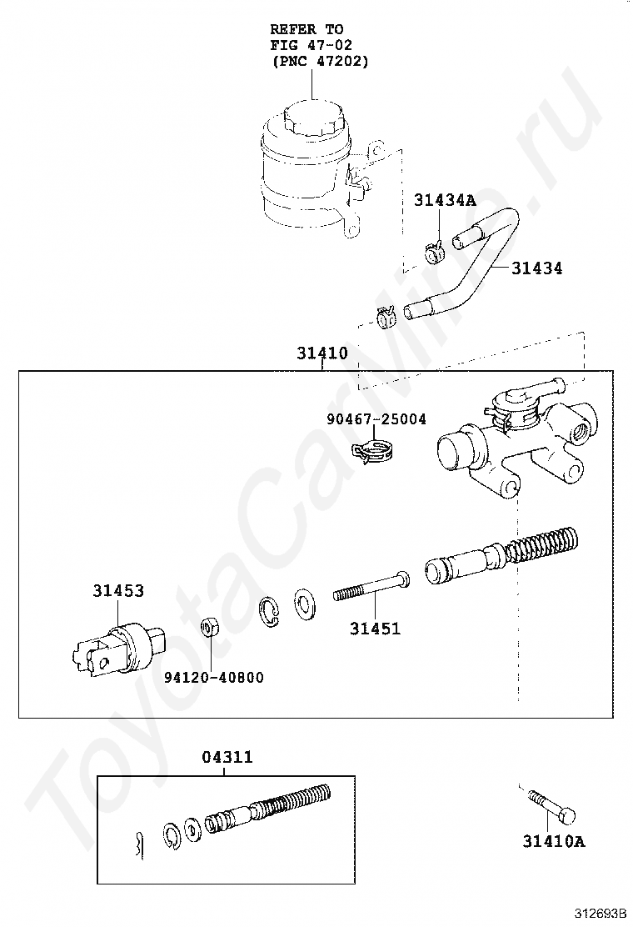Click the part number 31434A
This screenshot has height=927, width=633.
445,200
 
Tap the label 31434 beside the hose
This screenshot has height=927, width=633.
536,268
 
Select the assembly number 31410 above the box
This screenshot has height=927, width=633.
322,353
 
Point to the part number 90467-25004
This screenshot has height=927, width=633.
376,418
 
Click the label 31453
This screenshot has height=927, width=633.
118,591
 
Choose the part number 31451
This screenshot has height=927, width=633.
375,629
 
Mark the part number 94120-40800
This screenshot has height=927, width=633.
213,677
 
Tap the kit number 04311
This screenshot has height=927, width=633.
227,758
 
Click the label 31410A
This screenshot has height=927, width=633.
554,841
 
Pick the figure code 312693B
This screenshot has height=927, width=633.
599,914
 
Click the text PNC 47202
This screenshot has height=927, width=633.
320,61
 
